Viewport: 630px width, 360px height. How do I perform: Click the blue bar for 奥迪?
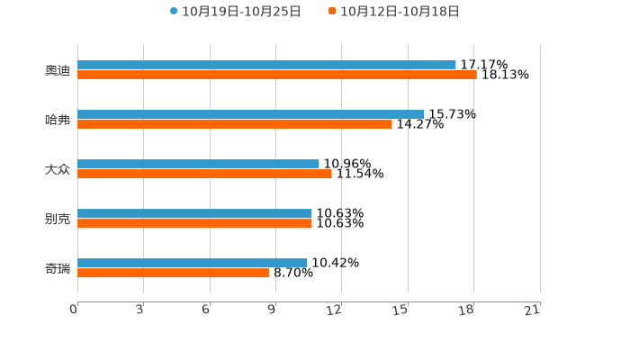266,65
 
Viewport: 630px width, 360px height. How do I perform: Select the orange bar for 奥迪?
277,75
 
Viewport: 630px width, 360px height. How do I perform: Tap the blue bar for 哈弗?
251,114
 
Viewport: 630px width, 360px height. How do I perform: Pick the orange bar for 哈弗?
235,124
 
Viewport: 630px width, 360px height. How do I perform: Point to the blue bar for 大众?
198,164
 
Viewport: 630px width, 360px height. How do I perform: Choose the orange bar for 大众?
204,174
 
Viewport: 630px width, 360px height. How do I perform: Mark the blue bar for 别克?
194,213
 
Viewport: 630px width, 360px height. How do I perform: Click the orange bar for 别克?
194,223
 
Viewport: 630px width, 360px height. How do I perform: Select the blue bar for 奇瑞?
193,263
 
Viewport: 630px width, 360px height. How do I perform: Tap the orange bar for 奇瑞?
173,273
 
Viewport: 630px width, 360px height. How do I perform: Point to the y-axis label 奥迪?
58,70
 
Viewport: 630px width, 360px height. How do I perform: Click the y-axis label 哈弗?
58,120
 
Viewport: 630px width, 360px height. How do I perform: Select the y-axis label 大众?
58,169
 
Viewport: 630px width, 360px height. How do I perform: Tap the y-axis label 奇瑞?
58,268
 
